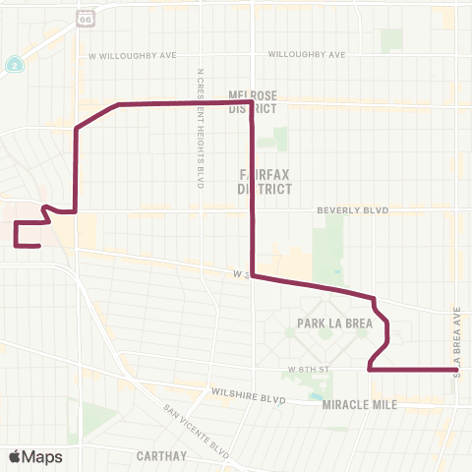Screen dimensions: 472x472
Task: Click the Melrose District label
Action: tap(254, 102)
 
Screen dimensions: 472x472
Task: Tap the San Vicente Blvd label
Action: tap(197, 433)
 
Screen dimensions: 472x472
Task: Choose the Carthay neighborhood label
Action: tap(163, 455)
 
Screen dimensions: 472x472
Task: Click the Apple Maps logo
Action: tap(35, 456)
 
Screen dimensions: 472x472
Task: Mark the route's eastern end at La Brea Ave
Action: tap(457, 370)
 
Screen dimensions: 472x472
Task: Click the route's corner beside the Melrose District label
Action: tap(253, 103)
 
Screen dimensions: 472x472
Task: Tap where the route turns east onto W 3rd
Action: tap(254, 276)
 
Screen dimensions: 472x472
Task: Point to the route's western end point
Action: tap(38, 246)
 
